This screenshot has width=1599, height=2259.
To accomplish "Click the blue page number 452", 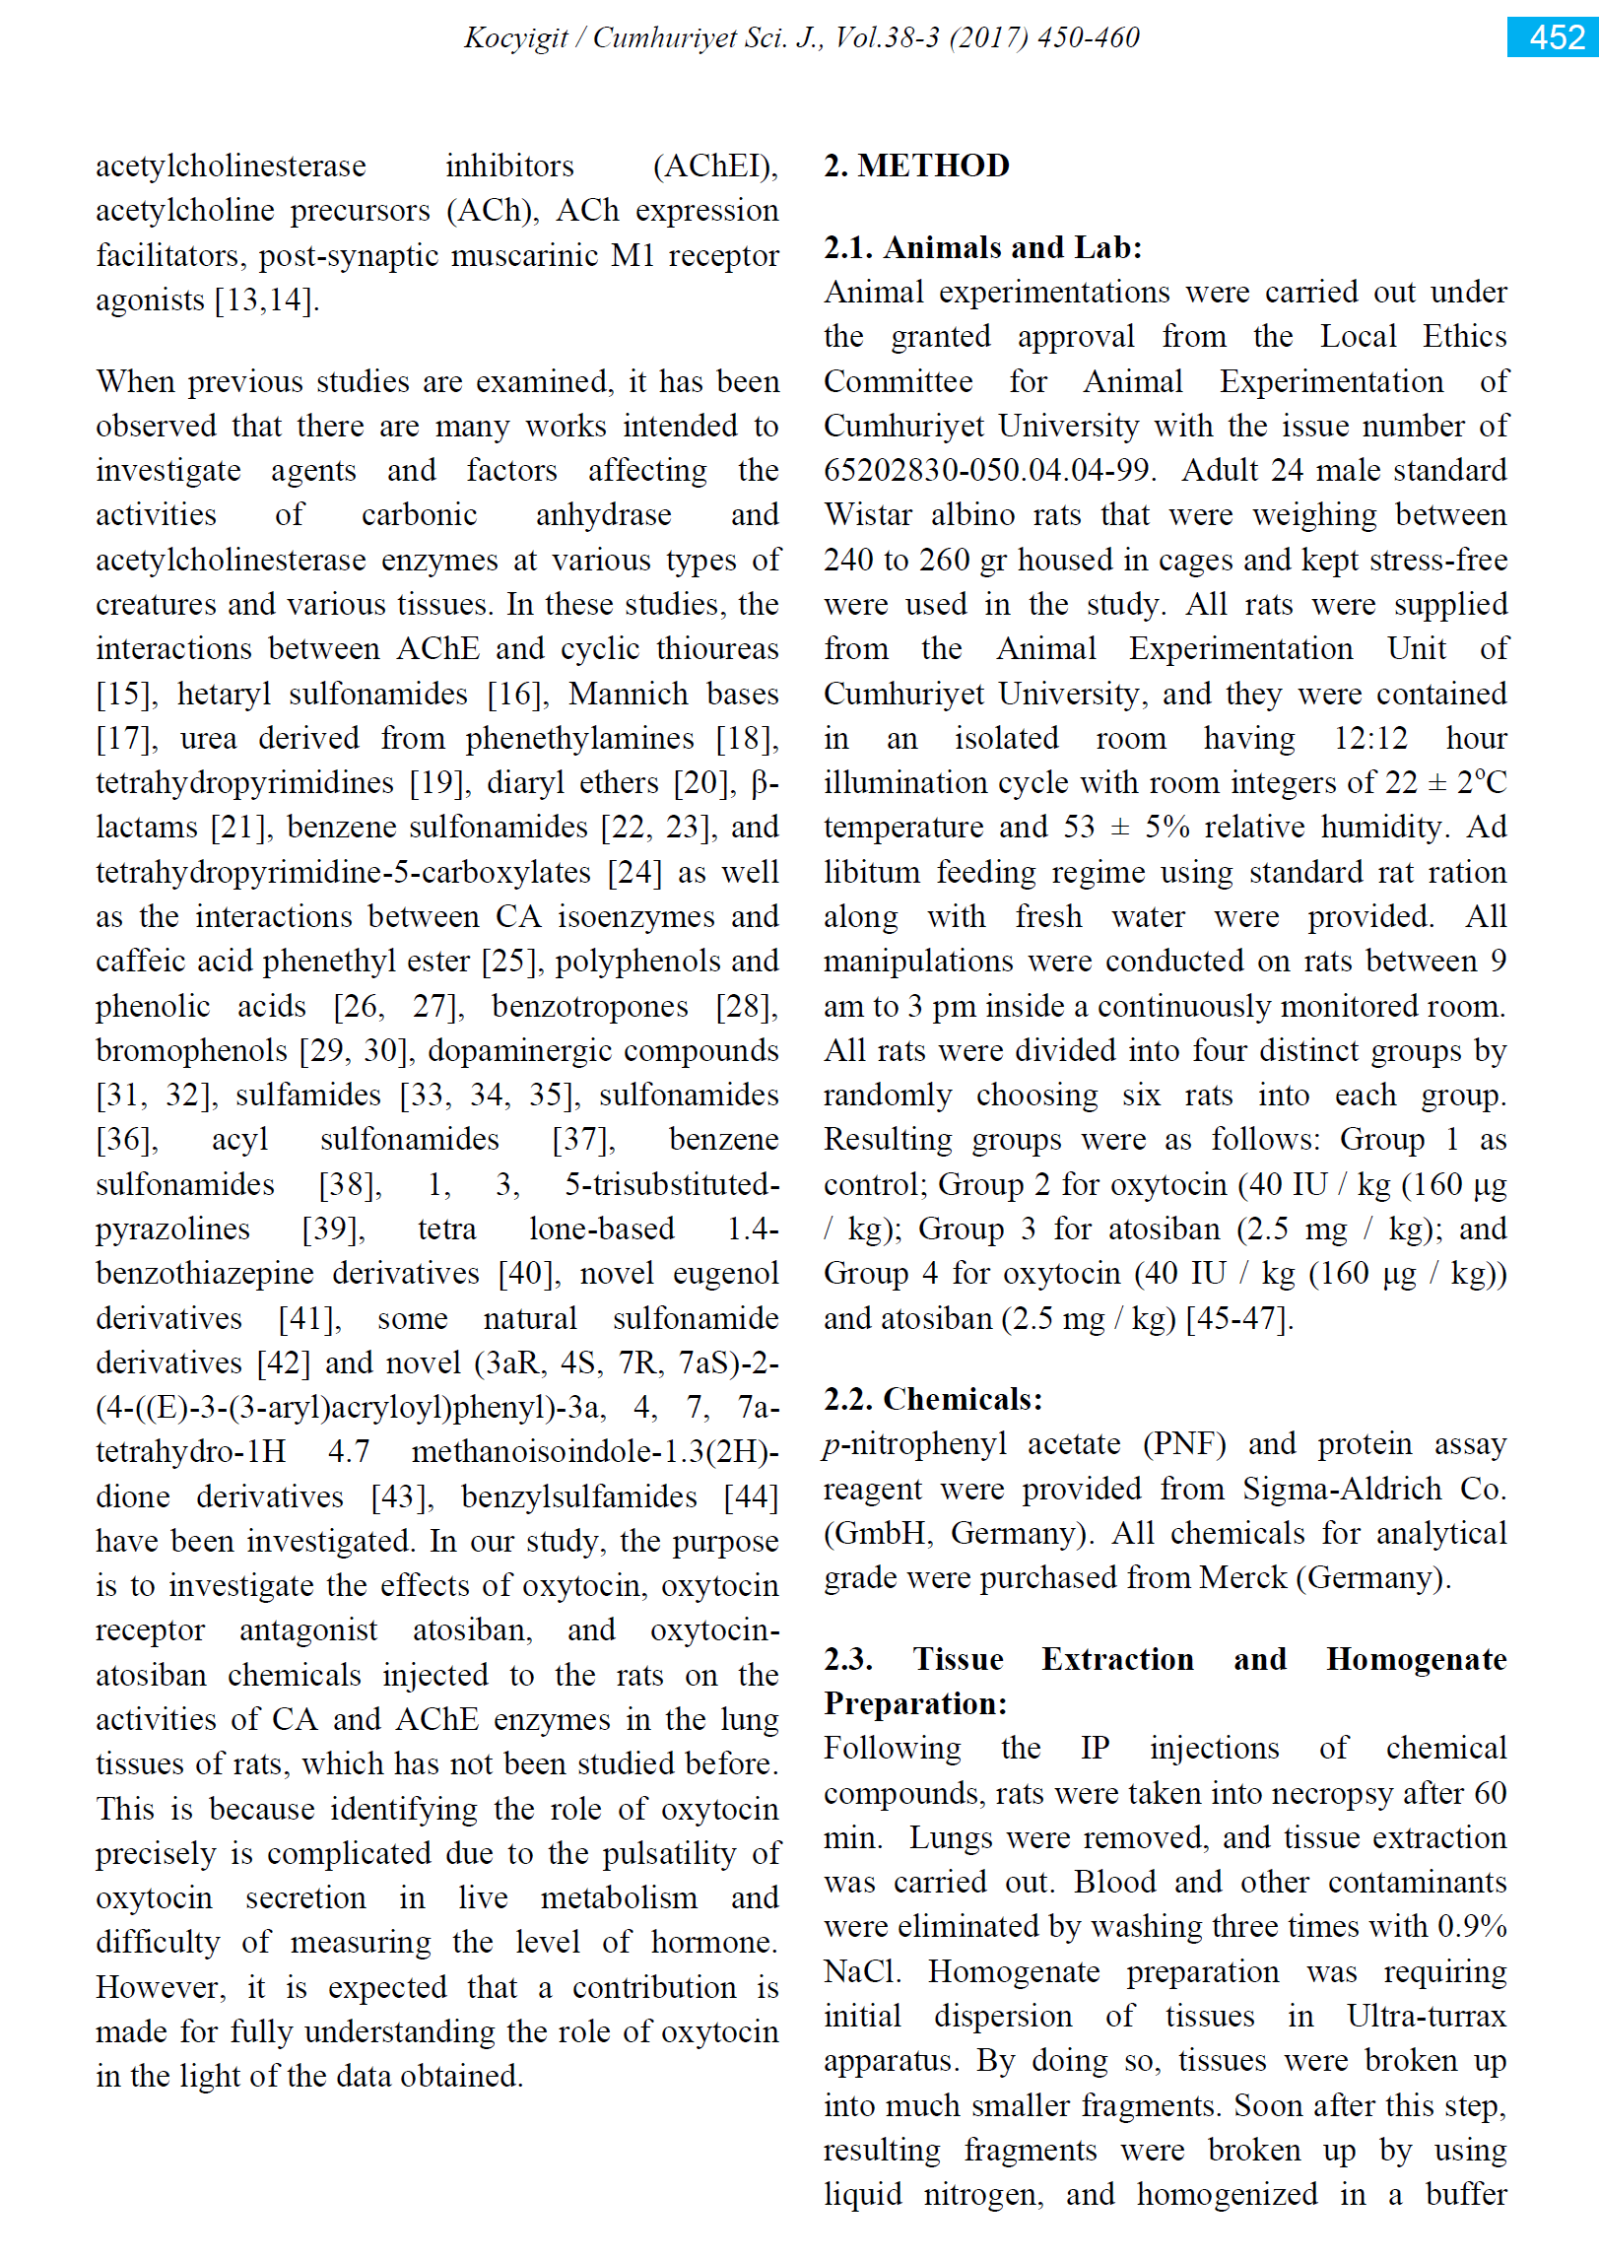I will coord(1557,37).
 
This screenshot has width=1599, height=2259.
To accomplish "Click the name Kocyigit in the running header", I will coord(516,38).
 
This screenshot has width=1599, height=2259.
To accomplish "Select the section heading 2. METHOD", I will coord(916,166).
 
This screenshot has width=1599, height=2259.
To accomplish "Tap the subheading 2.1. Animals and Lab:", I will coord(982,247).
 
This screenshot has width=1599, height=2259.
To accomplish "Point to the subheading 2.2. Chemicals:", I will coord(932,1399).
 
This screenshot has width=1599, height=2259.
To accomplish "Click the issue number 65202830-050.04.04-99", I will coord(987,470).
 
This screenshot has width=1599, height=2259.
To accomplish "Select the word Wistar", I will coord(864,515).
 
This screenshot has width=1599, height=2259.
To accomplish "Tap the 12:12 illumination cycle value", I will coord(1370,738).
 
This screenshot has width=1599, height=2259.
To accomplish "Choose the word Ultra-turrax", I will coord(1426,2016).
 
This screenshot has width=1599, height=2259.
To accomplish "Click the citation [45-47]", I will coord(1238,1318).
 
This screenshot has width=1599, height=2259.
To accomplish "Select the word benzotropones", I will coord(590,1006).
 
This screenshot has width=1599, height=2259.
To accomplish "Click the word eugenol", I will coord(725,1273).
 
